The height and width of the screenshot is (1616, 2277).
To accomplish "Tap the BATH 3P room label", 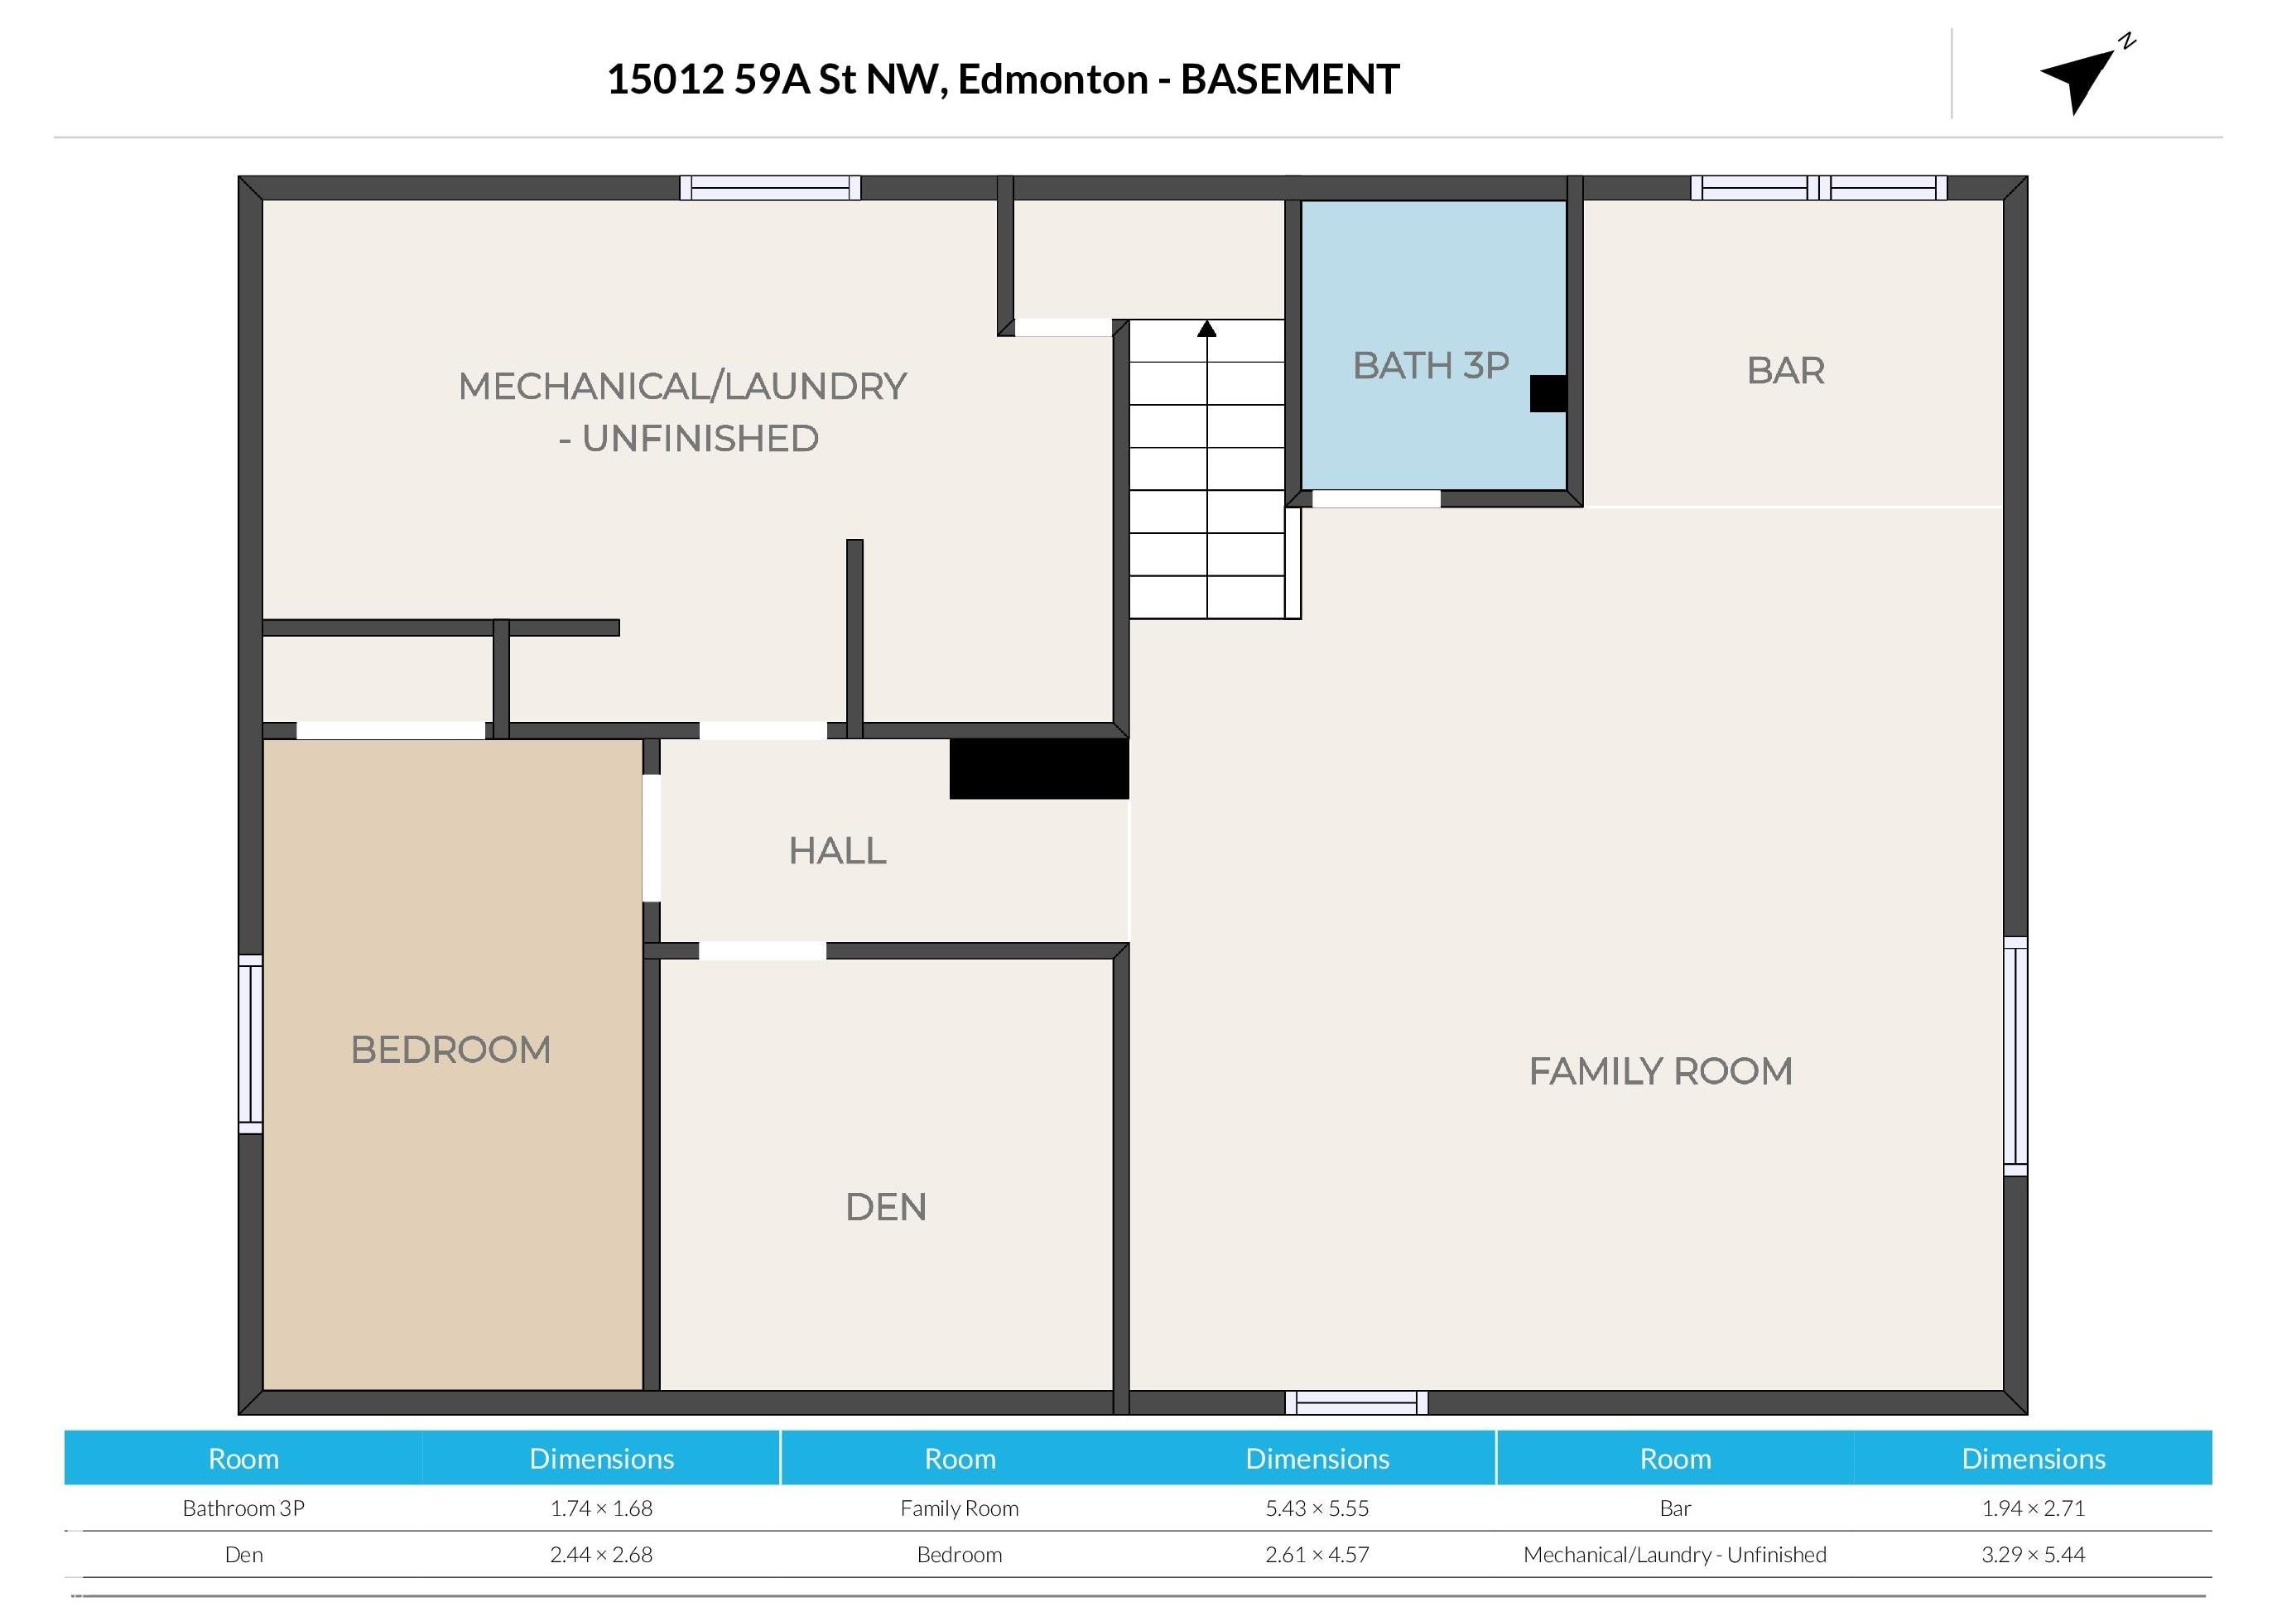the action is point(1430,365).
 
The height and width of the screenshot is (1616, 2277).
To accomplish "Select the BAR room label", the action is point(1785,370).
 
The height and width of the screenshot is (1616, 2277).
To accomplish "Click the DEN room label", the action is point(886,1207).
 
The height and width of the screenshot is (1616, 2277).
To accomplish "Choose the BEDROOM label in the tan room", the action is point(450,1050).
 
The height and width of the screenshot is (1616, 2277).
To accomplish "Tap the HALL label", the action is point(837,851).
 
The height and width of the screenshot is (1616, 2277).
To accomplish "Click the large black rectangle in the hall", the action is point(1039,768).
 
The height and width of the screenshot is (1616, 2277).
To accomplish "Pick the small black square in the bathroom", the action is point(1548,393).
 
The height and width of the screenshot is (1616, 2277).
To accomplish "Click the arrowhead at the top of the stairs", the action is point(1206,329).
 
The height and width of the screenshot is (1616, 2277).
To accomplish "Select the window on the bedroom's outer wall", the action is point(251,1044).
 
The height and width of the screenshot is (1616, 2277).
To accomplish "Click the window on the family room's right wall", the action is point(2015,1056).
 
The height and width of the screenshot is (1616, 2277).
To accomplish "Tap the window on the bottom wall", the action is point(1356,1403).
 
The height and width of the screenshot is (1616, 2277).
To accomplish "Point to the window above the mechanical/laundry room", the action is point(770,188).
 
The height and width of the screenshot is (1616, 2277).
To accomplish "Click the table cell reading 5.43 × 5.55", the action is point(1317,1508).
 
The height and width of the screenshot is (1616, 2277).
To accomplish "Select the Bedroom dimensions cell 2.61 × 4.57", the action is point(1317,1554).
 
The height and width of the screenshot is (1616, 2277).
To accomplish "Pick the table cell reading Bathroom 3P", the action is point(243,1508).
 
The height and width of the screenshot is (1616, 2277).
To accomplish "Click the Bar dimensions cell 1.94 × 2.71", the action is point(2034,1508).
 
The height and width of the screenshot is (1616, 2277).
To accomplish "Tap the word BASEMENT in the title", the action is point(1290,79).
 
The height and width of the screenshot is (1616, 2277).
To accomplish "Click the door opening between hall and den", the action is point(763,951).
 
